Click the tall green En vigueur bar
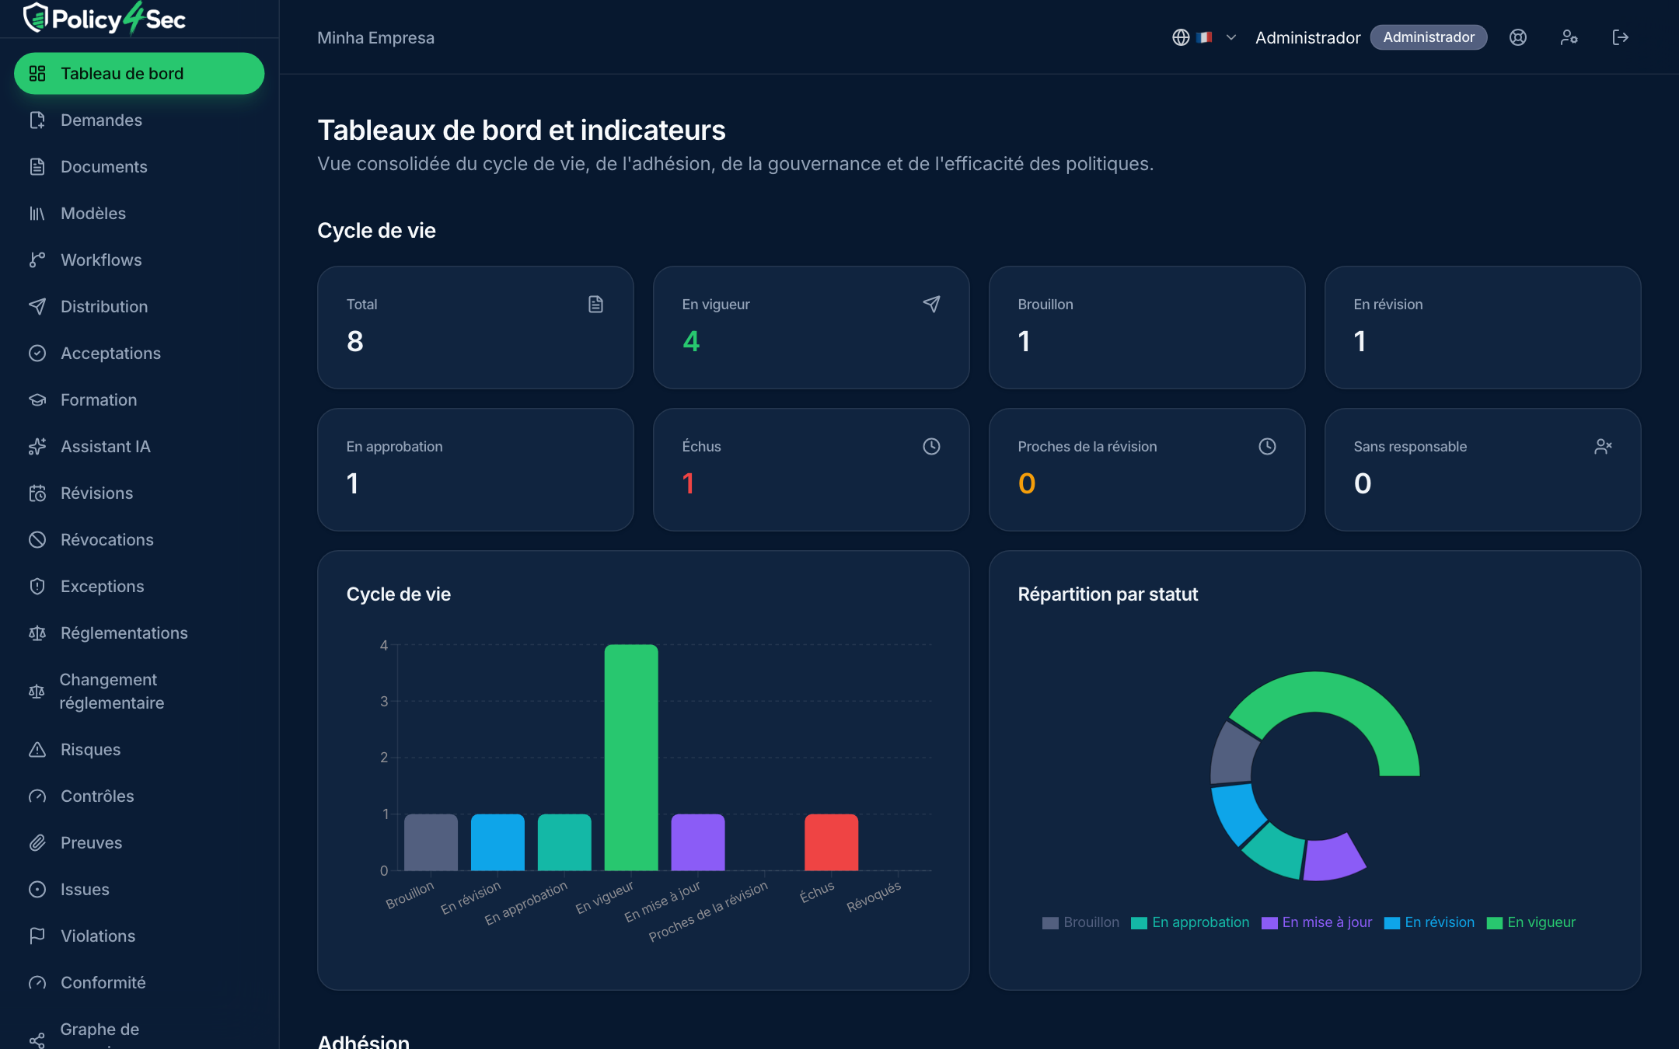631,758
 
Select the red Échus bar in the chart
831,842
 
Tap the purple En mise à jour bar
698,842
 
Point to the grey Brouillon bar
431,842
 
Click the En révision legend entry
1429,922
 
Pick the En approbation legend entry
1190,922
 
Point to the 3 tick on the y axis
384,701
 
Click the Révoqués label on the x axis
874,896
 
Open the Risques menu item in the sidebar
90,749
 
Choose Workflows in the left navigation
101,260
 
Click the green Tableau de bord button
139,73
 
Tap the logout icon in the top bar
1620,37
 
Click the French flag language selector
1204,37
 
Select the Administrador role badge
1429,37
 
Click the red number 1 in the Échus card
688,483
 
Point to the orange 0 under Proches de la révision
1027,483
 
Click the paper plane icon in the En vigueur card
931,304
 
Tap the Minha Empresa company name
375,37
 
